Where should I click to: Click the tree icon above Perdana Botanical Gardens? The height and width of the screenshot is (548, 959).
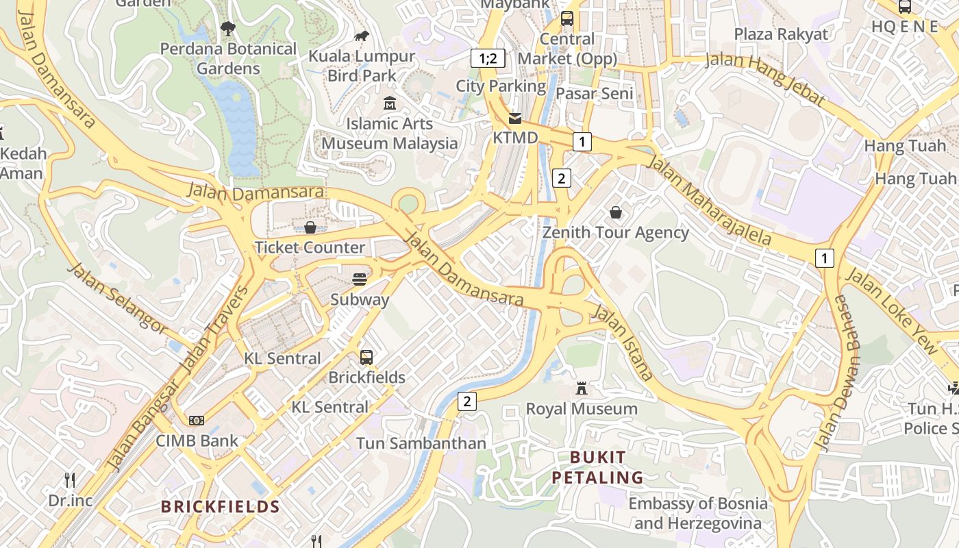(x=227, y=28)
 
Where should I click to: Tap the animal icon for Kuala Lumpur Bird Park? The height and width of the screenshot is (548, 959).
(x=361, y=36)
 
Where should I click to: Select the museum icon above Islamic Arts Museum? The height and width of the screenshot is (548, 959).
(x=390, y=103)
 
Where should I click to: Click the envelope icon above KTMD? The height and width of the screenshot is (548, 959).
(x=515, y=118)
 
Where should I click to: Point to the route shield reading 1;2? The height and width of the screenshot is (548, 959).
(x=488, y=58)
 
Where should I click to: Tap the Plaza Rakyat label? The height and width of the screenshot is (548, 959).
(x=781, y=34)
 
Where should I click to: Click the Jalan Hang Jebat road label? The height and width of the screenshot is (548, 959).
(x=765, y=76)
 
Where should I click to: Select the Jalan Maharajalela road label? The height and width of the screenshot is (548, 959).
(x=709, y=201)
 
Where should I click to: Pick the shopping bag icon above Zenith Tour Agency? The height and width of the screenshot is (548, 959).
(x=616, y=212)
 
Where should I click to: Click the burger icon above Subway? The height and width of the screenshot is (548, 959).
(x=360, y=279)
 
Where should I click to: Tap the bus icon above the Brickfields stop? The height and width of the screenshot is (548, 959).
(x=366, y=357)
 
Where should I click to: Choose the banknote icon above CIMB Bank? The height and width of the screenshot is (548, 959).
(x=197, y=420)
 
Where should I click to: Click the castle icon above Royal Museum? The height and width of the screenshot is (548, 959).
(x=582, y=388)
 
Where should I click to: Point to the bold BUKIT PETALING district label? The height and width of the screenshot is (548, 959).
(x=597, y=467)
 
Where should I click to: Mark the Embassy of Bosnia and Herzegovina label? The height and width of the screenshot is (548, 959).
(x=698, y=513)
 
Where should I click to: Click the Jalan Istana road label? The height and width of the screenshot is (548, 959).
(x=623, y=342)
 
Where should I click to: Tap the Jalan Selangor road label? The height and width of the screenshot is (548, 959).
(x=116, y=298)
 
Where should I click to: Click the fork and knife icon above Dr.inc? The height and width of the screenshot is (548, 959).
(x=70, y=480)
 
